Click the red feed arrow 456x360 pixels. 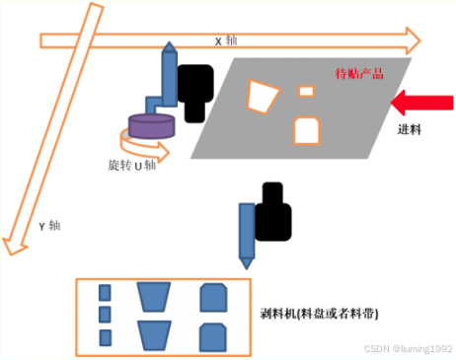(421, 102)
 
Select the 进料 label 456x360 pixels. (410, 129)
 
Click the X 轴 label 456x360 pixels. (225, 41)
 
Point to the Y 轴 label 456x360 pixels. (48, 225)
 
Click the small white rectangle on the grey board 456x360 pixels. (306, 92)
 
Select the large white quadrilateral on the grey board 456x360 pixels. (263, 96)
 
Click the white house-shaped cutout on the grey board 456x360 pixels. (306, 129)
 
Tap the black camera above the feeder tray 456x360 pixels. (273, 212)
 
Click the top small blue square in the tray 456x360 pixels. (104, 292)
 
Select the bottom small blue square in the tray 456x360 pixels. (104, 336)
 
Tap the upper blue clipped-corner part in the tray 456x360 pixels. (213, 296)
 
